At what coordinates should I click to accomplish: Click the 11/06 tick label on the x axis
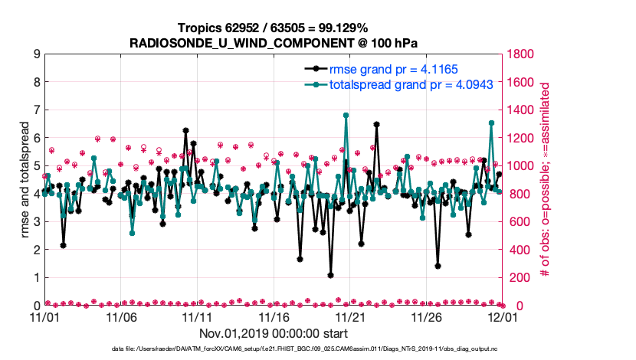click(x=121, y=316)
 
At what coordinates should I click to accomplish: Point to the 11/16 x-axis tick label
click(x=274, y=316)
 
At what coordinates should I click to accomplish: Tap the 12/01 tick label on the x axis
click(x=503, y=316)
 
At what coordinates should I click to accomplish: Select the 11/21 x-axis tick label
click(x=350, y=316)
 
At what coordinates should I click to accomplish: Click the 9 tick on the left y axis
click(x=36, y=54)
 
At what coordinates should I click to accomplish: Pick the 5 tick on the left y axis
click(x=36, y=166)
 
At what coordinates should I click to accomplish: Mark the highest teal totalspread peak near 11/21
click(x=346, y=115)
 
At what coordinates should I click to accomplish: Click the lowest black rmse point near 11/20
click(x=330, y=275)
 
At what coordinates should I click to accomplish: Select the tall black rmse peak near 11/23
click(x=376, y=124)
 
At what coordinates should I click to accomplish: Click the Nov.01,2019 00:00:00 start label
click(x=274, y=333)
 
